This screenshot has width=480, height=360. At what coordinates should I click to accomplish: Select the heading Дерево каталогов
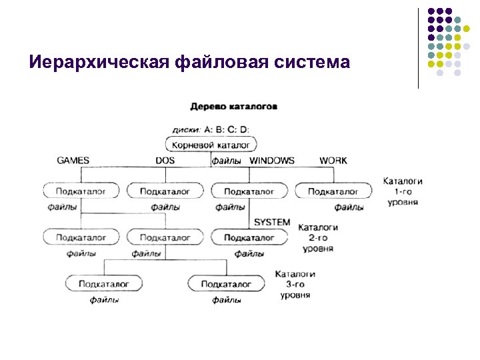pos(234,106)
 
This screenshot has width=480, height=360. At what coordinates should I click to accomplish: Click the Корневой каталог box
pos(211,145)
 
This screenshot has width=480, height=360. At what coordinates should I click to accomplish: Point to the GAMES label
pos(73,161)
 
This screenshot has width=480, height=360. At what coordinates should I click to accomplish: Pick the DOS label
pos(165,161)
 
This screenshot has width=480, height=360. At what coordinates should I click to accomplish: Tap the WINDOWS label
pos(271,161)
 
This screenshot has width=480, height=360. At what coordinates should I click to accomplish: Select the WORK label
pos(333,161)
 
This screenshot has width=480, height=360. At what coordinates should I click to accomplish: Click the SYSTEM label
pos(272,222)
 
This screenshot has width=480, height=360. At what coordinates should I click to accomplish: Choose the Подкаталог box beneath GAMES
pos(81,191)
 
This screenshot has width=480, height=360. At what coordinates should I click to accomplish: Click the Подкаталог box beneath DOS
pos(165,191)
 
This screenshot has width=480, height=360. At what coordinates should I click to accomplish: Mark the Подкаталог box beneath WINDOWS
pos(249,191)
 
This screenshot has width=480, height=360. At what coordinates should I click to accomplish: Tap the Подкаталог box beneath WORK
pos(333,191)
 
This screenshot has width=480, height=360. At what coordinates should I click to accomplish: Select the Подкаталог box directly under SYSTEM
pos(249,237)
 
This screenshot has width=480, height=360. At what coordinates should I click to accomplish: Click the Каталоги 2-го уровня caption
pos(318,237)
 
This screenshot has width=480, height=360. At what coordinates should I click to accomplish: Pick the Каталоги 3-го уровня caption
pos(295,284)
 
